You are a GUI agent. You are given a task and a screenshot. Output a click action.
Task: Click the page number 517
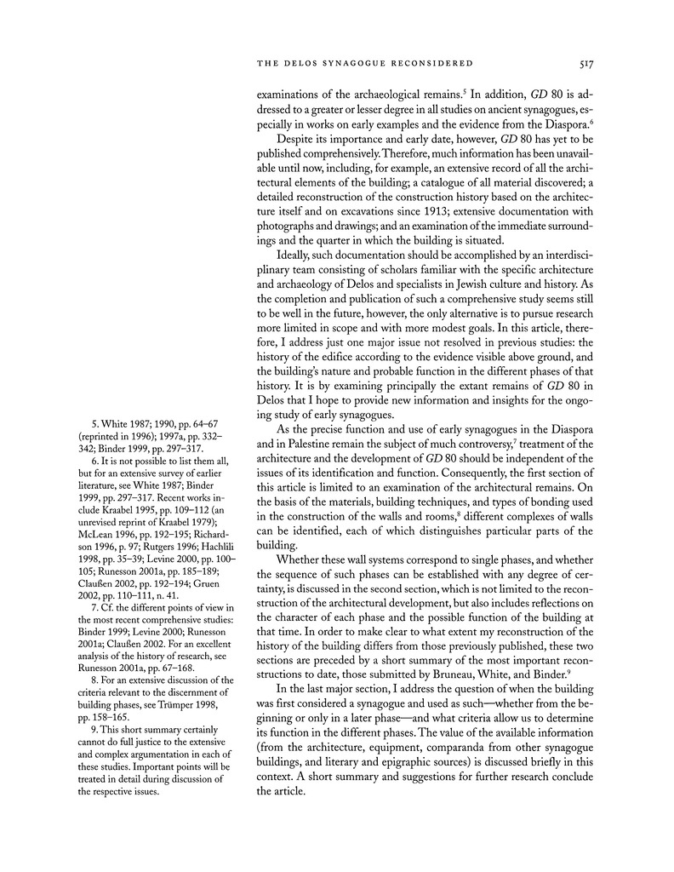tap(584, 62)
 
